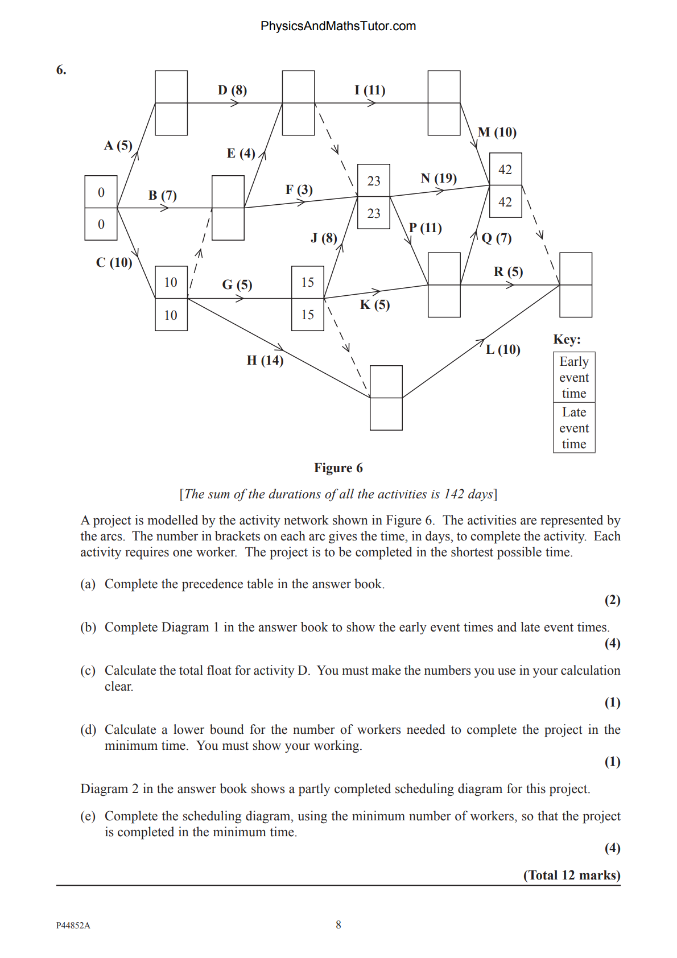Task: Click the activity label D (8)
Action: (232, 90)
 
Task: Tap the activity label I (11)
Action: (370, 90)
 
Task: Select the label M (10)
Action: (497, 132)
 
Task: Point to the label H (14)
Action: (265, 360)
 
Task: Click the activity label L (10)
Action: (503, 349)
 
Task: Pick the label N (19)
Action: (439, 178)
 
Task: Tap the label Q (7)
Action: (497, 238)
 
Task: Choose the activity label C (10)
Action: (114, 262)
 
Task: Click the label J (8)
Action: (324, 238)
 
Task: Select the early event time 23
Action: (374, 181)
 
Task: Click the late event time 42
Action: (505, 202)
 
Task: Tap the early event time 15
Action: (308, 282)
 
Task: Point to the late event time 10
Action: (171, 315)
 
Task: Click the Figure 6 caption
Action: (338, 468)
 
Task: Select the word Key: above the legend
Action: (567, 340)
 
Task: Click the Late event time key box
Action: (574, 428)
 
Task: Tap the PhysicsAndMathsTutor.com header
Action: (338, 26)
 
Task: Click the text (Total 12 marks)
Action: (572, 875)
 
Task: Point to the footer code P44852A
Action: (73, 926)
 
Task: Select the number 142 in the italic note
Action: (454, 494)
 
